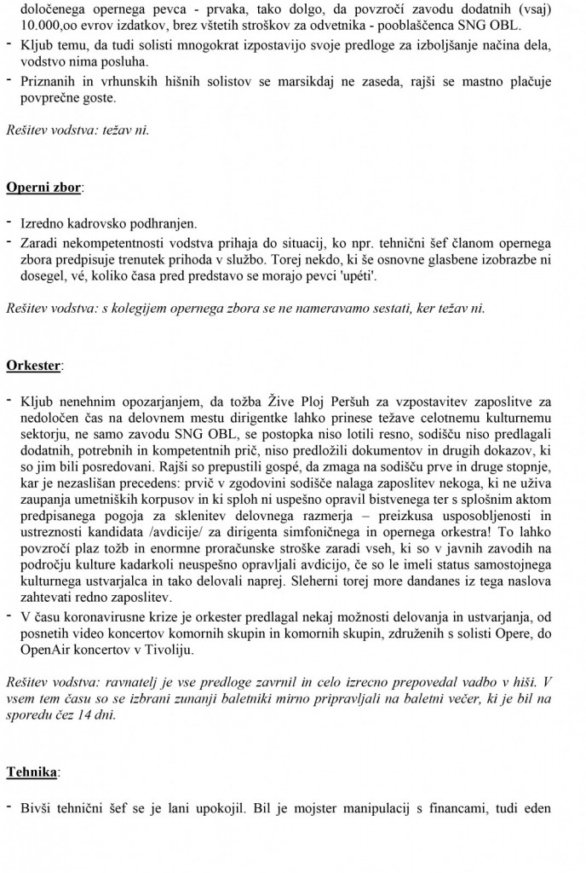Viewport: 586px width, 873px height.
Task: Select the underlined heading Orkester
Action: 33,366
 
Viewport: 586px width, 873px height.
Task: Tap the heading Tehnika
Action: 32,772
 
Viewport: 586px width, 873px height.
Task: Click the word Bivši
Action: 37,806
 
